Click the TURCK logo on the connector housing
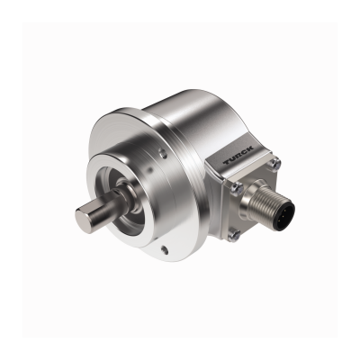[x=238, y=155]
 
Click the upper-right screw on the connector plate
[x=275, y=163]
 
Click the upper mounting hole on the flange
[x=164, y=153]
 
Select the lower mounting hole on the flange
[x=164, y=248]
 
